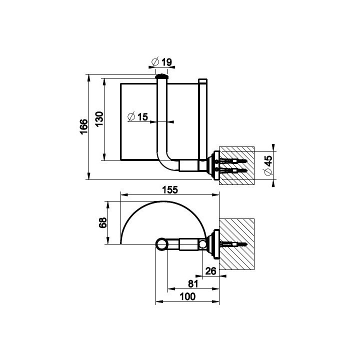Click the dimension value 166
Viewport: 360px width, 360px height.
84,126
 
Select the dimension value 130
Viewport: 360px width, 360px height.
99,119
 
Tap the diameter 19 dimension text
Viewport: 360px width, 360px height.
162,62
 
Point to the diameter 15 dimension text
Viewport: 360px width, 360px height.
138,116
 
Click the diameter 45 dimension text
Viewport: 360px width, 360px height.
268,165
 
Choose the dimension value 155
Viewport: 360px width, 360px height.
170,190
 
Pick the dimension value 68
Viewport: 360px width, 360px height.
103,222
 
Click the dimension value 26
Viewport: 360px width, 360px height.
211,271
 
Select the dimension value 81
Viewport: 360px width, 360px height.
193,284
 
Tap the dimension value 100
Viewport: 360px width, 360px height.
187,296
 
